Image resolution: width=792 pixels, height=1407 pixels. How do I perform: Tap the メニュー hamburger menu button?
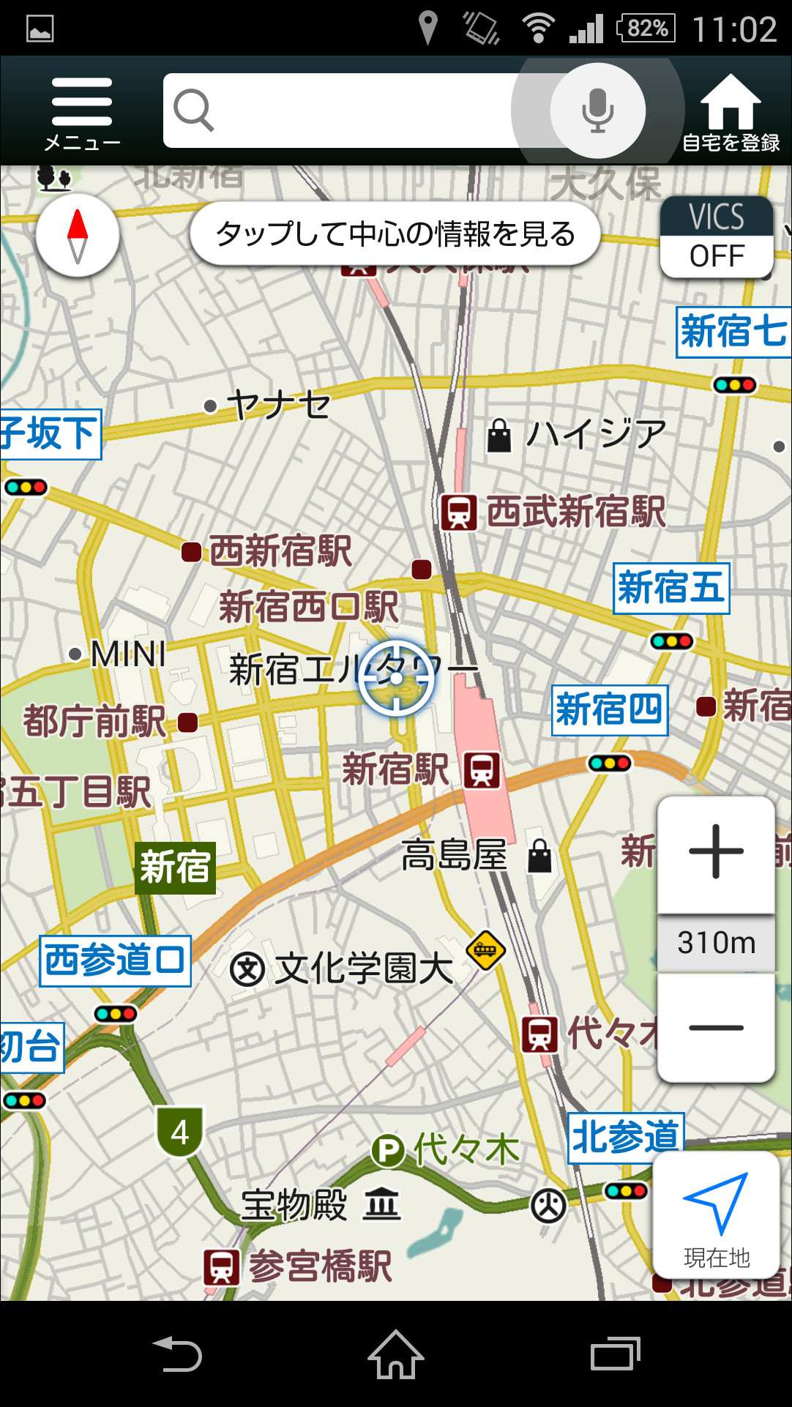(x=82, y=110)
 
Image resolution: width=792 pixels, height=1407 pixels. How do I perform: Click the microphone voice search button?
(x=597, y=111)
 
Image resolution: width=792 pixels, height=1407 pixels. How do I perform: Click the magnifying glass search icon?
(x=193, y=110)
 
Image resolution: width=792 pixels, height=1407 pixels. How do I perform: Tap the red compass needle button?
(x=78, y=236)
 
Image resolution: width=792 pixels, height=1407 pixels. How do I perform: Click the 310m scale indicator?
(x=716, y=943)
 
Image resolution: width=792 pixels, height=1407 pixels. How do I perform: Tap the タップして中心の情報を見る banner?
(x=395, y=234)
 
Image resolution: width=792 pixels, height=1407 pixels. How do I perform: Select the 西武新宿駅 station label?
(x=575, y=511)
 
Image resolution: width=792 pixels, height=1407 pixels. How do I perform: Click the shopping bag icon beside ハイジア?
(x=499, y=435)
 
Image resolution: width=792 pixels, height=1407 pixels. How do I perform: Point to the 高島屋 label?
(x=454, y=854)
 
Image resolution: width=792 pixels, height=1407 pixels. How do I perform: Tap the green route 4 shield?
(x=180, y=1132)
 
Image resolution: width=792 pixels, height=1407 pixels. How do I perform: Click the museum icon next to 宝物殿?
(x=382, y=1204)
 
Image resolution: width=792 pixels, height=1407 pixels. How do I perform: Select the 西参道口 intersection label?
(x=115, y=960)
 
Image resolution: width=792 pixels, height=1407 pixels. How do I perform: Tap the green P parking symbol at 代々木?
(x=388, y=1150)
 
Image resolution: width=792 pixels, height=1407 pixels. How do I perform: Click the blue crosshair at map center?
(x=396, y=678)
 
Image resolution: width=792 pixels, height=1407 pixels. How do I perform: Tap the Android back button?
(x=177, y=1354)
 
